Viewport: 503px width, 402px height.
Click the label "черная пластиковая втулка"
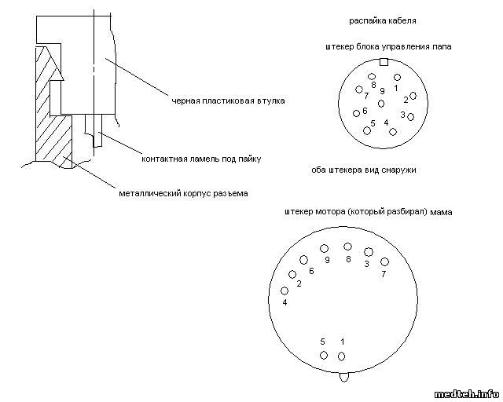tap(229, 100)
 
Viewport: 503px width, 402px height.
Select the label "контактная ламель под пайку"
tap(201, 159)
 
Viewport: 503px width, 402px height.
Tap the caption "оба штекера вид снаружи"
tap(363, 170)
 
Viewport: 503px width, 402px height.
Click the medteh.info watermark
tap(467, 393)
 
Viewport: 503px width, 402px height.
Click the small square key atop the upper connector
tap(383, 62)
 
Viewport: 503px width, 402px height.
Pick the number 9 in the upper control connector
tap(382, 91)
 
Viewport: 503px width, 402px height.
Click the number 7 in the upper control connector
tap(366, 95)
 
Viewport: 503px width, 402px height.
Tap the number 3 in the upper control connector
tap(402, 115)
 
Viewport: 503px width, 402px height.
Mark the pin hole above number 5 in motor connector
tap(323, 356)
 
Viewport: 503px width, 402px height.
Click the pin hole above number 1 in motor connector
tap(341, 356)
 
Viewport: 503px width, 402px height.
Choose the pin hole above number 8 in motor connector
tap(347, 247)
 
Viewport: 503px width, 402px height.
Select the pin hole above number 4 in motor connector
tap(285, 291)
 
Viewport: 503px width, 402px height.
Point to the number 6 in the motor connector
tap(311, 271)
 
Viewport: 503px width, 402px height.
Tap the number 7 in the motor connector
tap(384, 274)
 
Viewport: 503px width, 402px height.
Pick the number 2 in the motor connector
tap(299, 283)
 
